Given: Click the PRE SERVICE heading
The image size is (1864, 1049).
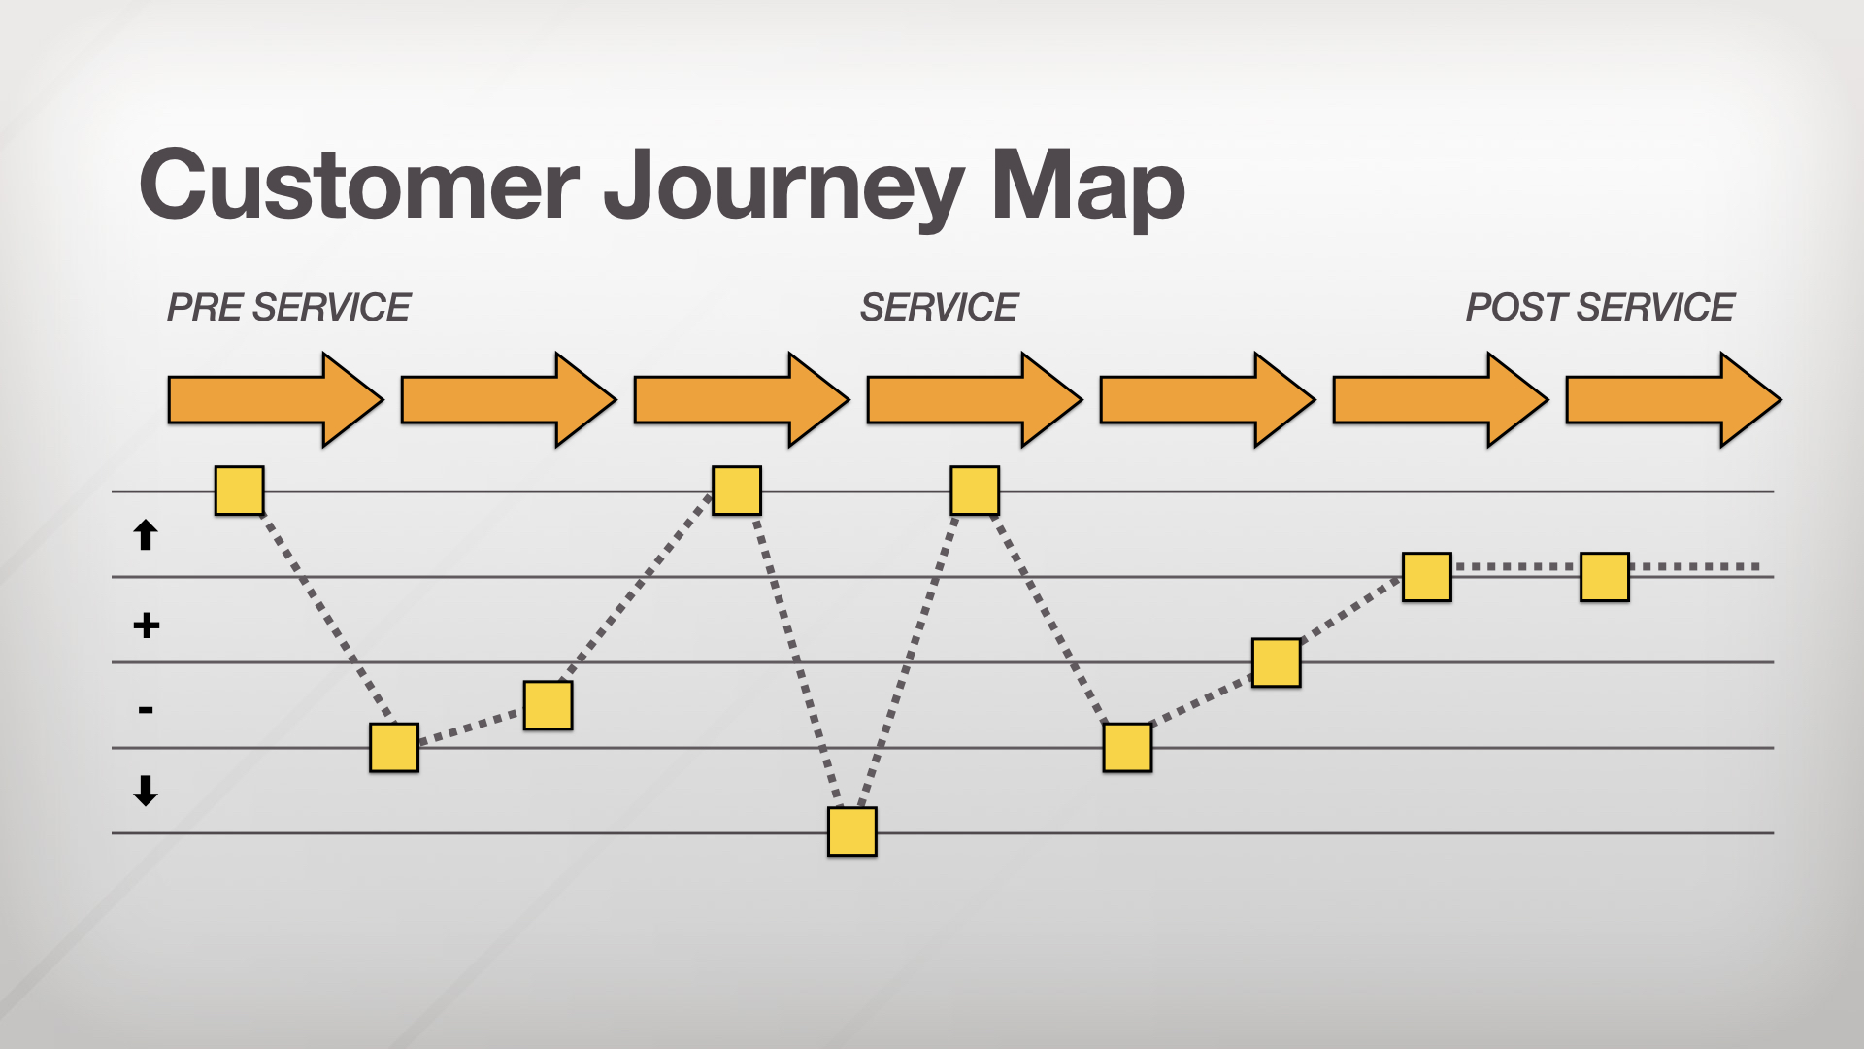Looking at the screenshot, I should tap(288, 308).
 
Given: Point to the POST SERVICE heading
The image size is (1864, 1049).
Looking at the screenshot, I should tap(1599, 308).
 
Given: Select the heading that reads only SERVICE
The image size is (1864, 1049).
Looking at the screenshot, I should tap(939, 308).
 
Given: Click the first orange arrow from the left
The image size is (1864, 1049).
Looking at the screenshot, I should tap(275, 400).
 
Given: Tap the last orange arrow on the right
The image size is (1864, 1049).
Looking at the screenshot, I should tap(1673, 400).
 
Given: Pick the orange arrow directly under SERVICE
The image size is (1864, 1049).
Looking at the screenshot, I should tap(974, 400).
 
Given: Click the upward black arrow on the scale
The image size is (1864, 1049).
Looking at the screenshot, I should tap(146, 535).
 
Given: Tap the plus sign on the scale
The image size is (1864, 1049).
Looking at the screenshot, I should tap(146, 626).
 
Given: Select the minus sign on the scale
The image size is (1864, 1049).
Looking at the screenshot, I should tap(146, 710).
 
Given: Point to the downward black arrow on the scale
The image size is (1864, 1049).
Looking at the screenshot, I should tap(146, 791).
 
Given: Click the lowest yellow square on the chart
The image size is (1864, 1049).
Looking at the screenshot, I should tap(851, 831).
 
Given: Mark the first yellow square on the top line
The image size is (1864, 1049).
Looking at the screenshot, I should tap(239, 490).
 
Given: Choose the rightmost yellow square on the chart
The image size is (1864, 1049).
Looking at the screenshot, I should tap(1604, 577).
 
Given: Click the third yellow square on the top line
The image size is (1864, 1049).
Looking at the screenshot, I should tap(974, 490).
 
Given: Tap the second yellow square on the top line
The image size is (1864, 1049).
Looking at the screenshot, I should tap(736, 490).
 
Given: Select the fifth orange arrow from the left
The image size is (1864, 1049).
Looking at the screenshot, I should tap(1207, 400).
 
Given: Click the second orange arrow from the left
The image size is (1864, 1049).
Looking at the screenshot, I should tap(508, 400).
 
